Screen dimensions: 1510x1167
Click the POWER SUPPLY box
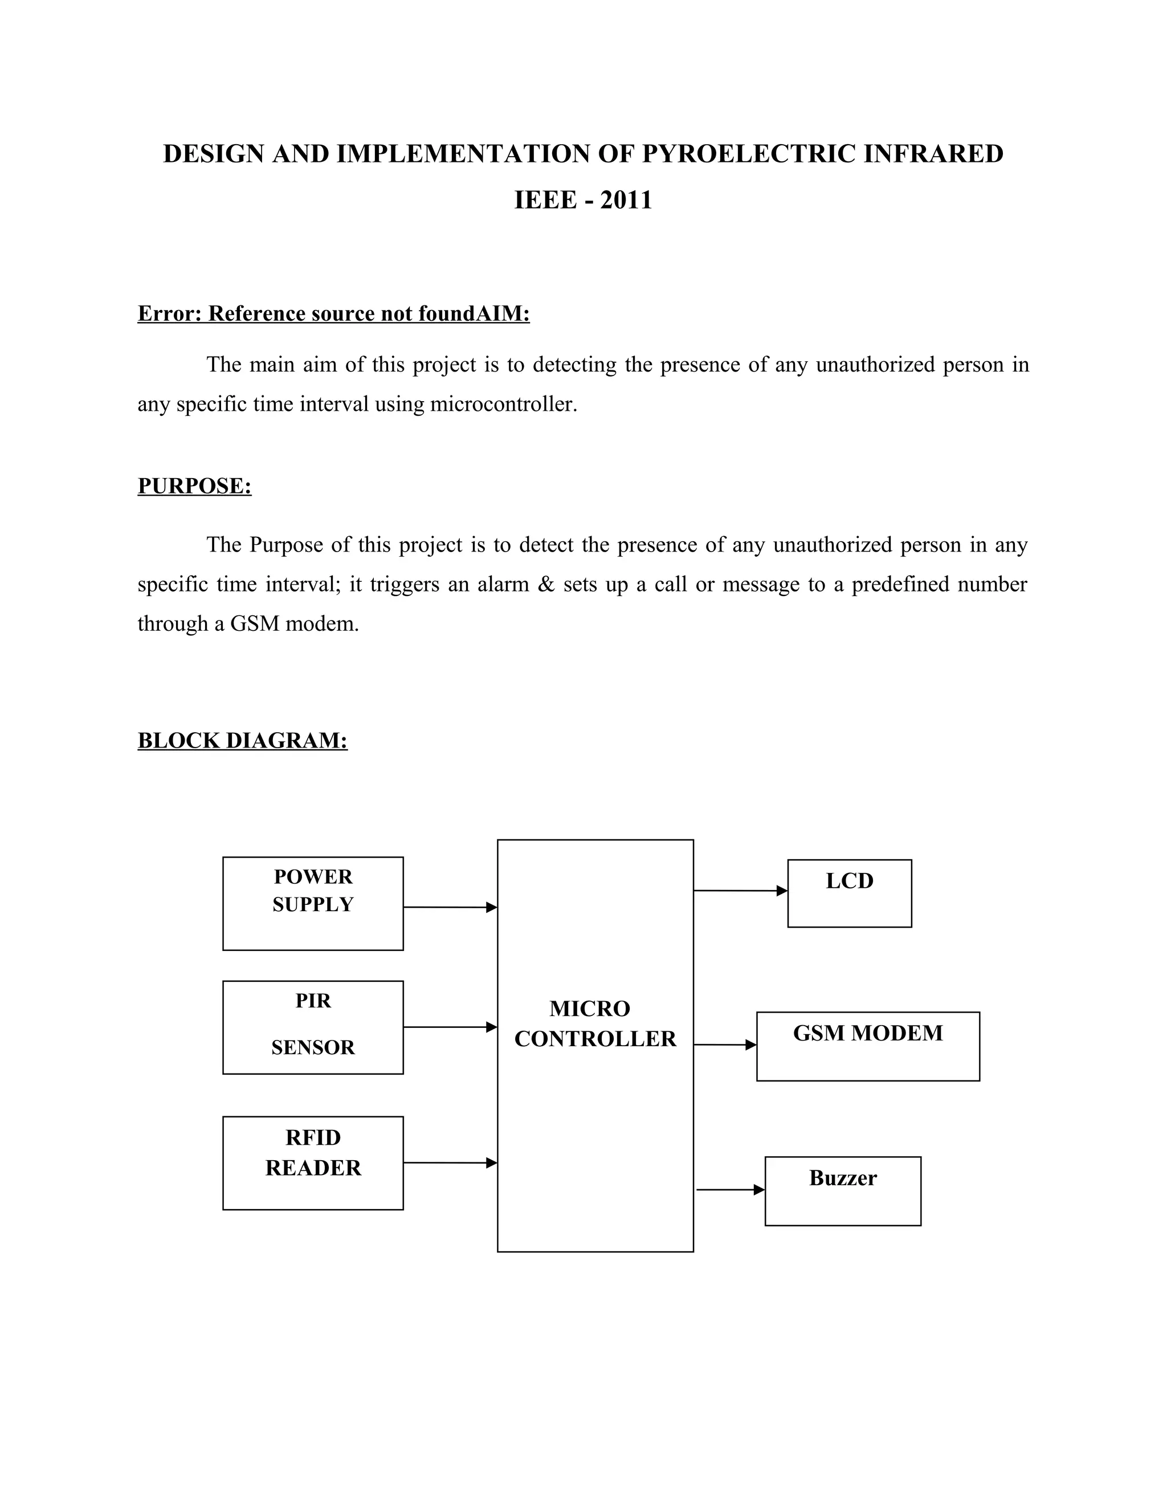(x=312, y=903)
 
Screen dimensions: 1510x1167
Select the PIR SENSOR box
(x=312, y=1027)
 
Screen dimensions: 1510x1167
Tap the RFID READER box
(x=312, y=1162)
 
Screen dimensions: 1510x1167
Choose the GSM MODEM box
(x=868, y=1046)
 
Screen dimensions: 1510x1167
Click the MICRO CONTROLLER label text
(x=594, y=1023)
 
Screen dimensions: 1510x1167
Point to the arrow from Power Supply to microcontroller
(x=450, y=907)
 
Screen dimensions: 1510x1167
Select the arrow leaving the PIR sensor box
(x=450, y=1027)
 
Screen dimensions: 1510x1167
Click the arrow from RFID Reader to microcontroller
(x=450, y=1162)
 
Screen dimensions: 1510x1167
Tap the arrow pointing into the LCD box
(x=740, y=891)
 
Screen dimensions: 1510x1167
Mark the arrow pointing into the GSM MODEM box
(x=725, y=1044)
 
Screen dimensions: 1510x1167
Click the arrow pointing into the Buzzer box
(x=729, y=1189)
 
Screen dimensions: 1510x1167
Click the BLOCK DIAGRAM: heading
(x=242, y=741)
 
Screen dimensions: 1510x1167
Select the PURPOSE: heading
(x=194, y=486)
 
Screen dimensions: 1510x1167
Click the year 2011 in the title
(x=626, y=201)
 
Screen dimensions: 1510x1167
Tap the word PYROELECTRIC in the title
(x=749, y=153)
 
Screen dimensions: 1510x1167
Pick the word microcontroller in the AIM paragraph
(x=503, y=404)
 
